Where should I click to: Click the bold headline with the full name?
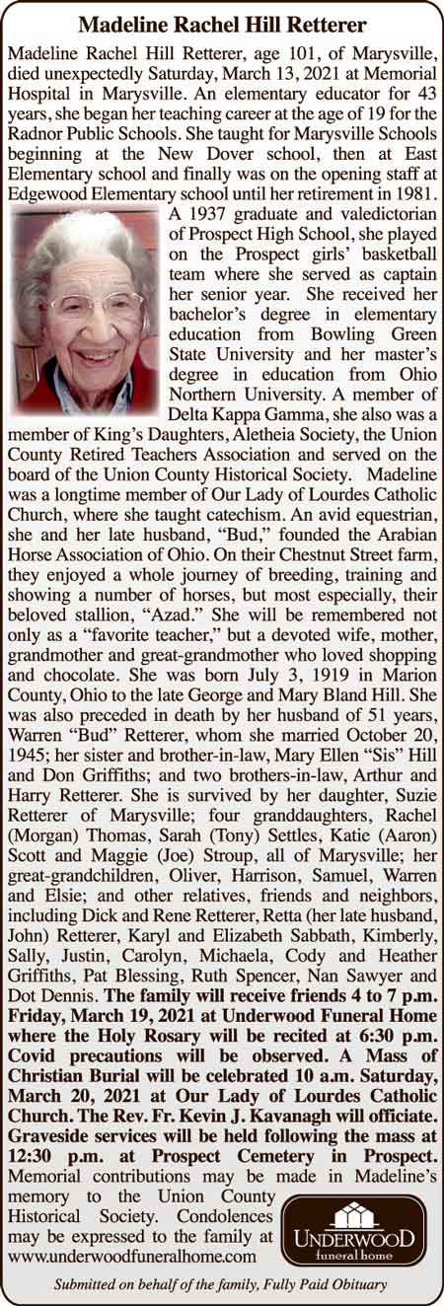[x=221, y=23]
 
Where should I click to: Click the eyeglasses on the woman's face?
[x=84, y=307]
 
